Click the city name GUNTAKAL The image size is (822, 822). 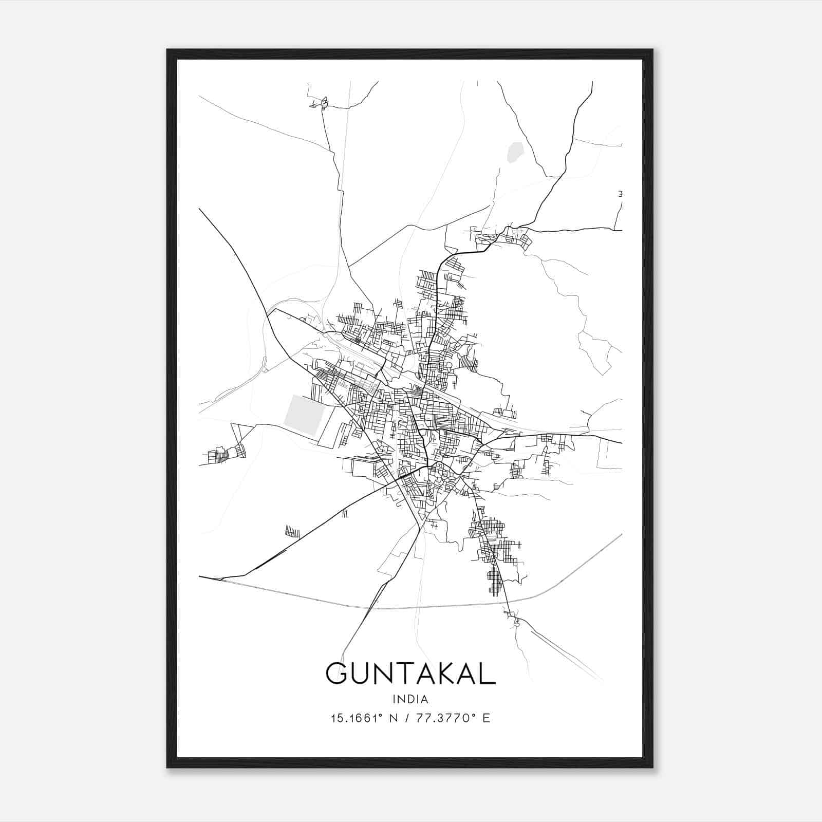point(410,674)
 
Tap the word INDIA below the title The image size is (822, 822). point(410,699)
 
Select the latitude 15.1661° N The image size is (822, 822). point(364,718)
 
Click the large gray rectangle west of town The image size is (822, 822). point(304,415)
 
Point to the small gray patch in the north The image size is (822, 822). point(514,153)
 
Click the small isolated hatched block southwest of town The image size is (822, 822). point(292,531)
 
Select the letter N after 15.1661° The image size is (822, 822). point(394,718)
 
